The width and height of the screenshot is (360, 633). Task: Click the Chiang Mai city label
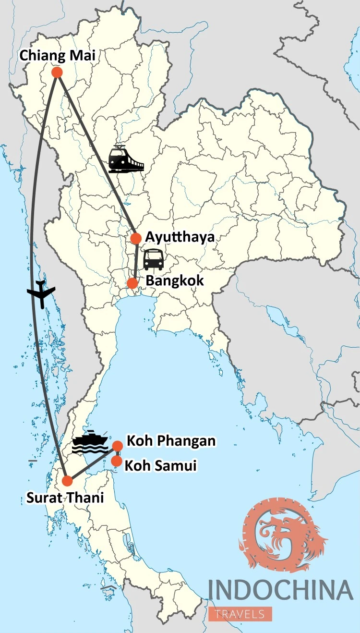[x=57, y=56]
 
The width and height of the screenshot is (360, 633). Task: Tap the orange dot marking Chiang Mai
[x=57, y=73]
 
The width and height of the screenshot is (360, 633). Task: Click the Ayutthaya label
[x=180, y=237]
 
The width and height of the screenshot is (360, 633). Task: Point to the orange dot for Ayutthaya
[x=136, y=238]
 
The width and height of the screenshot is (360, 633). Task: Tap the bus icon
[x=154, y=259]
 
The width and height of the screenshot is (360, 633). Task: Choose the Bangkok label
[x=175, y=280]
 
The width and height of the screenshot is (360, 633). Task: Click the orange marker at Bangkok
[x=132, y=283]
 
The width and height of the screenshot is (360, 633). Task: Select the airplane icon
[x=41, y=292]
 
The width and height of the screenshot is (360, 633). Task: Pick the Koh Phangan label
[x=171, y=441]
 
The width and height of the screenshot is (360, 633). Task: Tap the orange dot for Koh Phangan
[x=118, y=446]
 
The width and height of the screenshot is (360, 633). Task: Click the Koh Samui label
[x=161, y=465]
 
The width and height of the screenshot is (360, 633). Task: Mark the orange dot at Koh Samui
[x=117, y=461]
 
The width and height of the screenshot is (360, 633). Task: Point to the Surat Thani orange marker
[x=67, y=480]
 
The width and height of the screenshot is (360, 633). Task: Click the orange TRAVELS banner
[x=240, y=614]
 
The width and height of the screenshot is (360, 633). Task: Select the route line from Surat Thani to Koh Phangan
[x=94, y=463]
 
